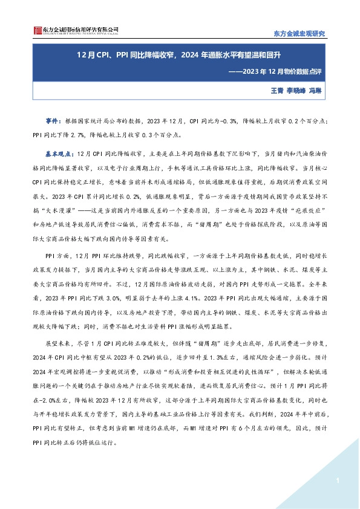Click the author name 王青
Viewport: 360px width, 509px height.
[277, 90]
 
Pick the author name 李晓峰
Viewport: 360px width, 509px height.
[295, 90]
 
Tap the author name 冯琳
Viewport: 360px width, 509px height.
[315, 90]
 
